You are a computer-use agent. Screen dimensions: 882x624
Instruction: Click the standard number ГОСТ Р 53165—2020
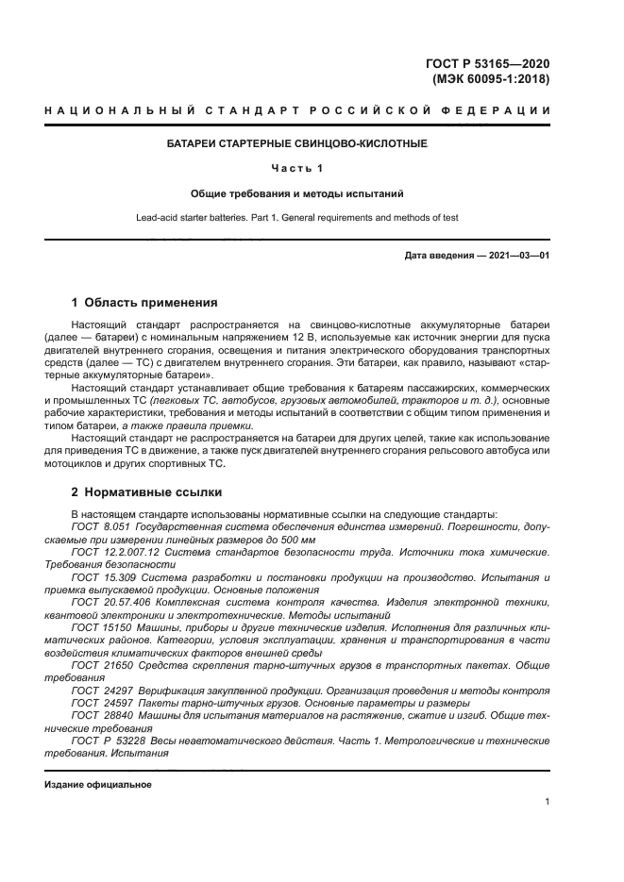click(x=488, y=63)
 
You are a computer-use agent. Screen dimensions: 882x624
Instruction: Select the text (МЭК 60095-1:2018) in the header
click(x=490, y=79)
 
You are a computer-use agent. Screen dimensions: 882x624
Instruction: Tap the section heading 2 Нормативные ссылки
click(x=146, y=492)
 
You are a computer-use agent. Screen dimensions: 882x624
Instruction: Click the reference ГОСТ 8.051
click(x=101, y=525)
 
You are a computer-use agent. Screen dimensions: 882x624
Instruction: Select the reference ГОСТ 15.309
click(x=101, y=574)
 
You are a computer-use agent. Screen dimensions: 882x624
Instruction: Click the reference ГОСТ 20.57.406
click(x=106, y=601)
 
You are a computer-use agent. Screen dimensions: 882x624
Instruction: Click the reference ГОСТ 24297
click(x=100, y=691)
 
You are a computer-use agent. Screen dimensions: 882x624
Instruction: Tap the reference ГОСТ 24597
click(x=100, y=703)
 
